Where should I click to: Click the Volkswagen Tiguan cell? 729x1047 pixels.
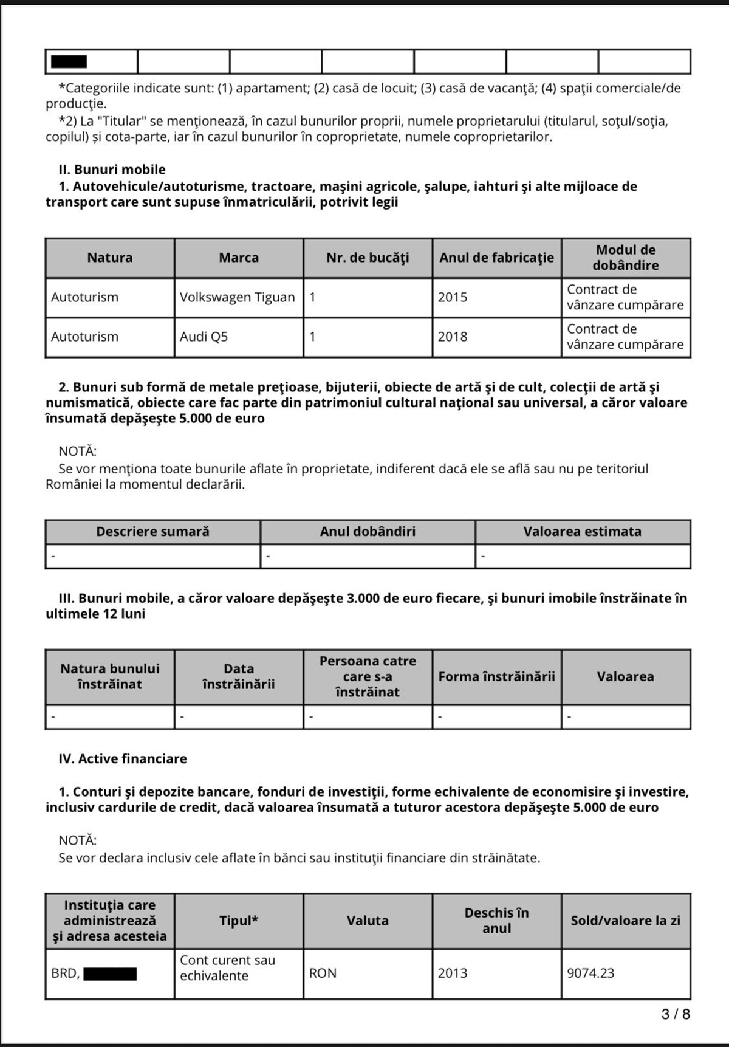237,297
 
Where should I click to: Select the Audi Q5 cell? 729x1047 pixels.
204,337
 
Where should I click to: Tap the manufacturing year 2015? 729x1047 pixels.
453,297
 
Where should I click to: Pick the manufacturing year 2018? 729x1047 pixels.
453,337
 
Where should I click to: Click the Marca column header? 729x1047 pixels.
239,258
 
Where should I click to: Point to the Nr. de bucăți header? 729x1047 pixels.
368,258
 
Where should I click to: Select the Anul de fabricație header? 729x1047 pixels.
496,258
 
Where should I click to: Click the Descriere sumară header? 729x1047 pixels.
152,532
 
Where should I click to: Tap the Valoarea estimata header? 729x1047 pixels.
582,532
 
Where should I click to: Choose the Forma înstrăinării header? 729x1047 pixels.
496,676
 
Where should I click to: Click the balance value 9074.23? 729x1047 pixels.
590,973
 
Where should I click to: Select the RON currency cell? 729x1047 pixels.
323,973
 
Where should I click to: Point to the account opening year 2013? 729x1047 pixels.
453,973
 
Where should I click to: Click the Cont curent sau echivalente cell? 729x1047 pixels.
227,968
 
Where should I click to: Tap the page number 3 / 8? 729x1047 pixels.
676,1014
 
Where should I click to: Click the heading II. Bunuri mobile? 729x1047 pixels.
112,170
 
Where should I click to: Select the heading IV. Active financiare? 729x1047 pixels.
123,758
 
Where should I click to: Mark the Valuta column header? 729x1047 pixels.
368,921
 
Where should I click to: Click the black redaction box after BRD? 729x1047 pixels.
110,974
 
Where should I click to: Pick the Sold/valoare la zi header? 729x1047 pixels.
625,921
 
